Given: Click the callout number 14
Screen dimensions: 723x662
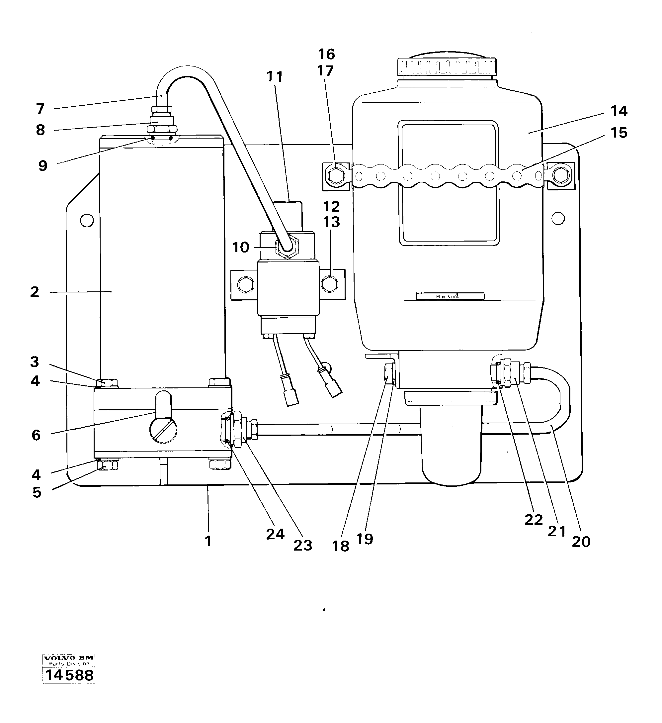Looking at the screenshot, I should (x=619, y=111).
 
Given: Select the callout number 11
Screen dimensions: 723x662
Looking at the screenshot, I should (x=275, y=77).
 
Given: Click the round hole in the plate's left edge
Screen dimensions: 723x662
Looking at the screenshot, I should (x=87, y=220).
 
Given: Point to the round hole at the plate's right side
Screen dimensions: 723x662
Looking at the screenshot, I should (x=558, y=218).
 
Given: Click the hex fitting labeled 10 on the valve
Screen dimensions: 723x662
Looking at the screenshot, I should (x=287, y=247).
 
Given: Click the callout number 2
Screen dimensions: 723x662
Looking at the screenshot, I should (x=35, y=292).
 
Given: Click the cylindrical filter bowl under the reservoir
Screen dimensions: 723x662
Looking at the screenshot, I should (x=451, y=445).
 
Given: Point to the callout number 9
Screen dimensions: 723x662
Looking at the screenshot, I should (x=42, y=166).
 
